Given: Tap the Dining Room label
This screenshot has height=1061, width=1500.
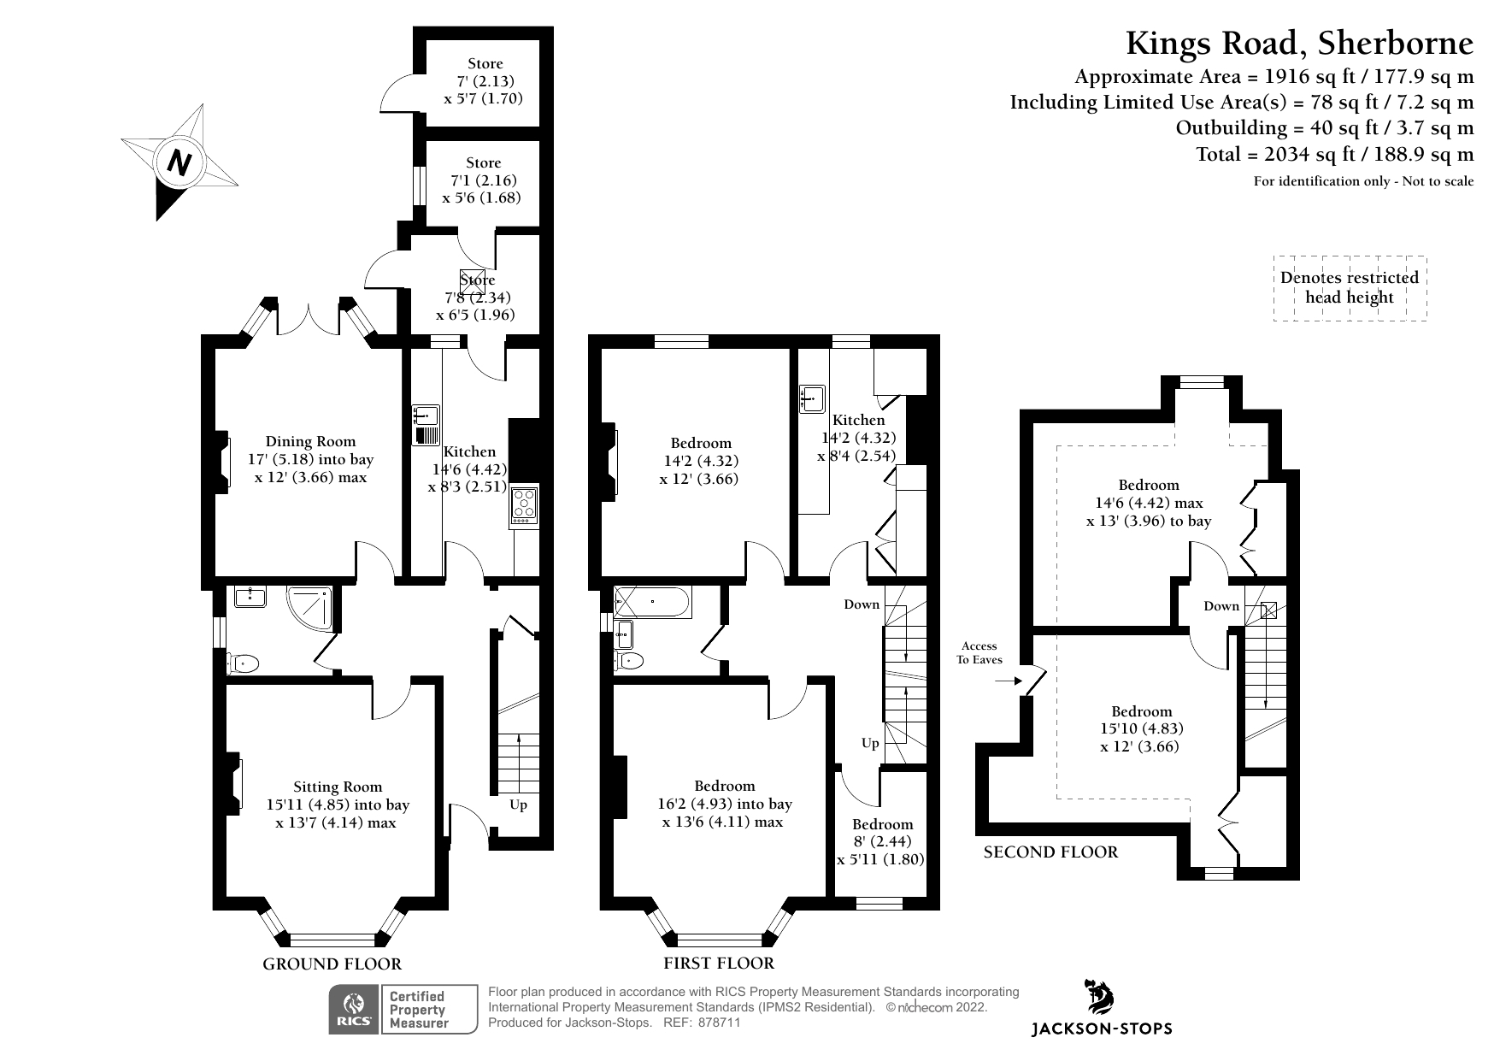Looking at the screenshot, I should coord(310,442).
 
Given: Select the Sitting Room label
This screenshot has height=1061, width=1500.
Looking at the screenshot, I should coord(338,787).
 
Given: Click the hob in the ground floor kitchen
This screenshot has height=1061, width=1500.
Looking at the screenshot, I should coord(524,505).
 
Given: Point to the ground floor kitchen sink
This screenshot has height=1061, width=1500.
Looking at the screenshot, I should coord(425,416).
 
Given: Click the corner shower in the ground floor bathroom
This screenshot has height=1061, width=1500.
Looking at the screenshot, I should coord(311,606).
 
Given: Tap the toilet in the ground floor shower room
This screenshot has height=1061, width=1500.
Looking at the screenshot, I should coord(243,663).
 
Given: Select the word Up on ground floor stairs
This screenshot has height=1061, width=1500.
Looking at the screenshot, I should coord(518,805).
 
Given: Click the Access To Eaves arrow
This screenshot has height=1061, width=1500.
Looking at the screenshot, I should coord(1009,681).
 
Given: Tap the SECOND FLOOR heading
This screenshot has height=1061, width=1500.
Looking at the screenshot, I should coord(1050,852).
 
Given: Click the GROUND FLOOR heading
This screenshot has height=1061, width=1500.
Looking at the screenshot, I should coord(332,964).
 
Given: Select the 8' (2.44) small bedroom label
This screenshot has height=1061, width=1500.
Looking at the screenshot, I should coord(882,841).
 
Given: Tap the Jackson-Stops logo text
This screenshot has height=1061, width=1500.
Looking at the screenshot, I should coord(1102,1029).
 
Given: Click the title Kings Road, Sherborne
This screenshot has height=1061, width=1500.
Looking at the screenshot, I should coord(1299,43).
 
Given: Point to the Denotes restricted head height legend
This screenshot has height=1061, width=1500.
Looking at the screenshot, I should coord(1349,288).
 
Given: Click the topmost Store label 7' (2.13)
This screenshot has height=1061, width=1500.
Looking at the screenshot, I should coord(485,81).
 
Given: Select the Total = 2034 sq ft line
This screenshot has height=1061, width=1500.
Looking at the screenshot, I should coord(1334,155).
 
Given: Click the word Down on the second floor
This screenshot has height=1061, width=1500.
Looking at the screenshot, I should coord(1221,606).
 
